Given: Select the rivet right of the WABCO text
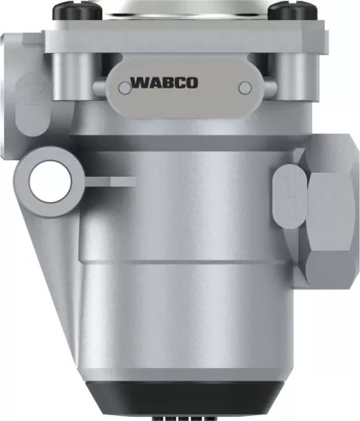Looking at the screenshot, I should click(245, 87).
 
